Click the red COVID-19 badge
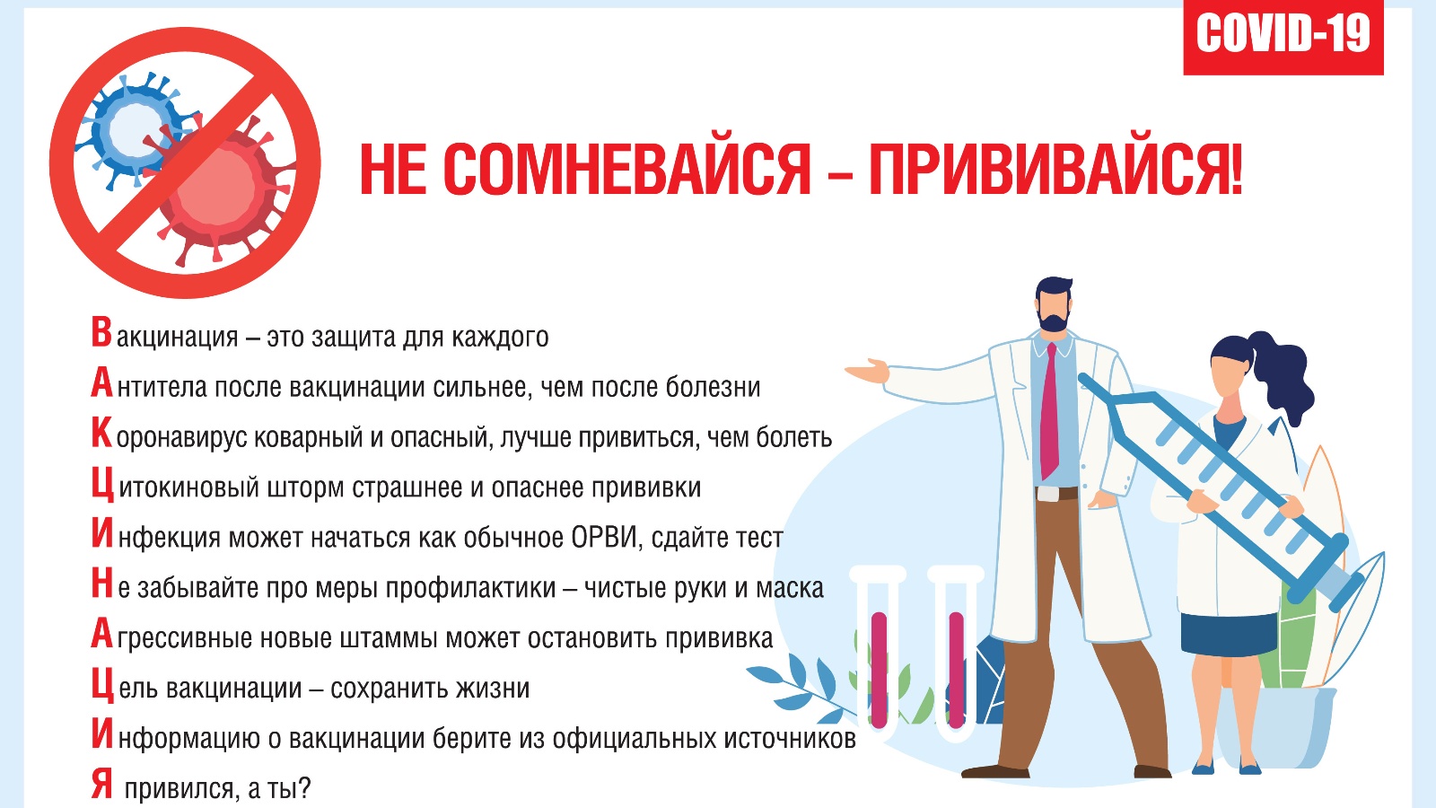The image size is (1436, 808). point(1283,37)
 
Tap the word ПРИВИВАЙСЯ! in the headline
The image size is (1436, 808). point(1055,170)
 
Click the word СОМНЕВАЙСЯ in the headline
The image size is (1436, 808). point(627,170)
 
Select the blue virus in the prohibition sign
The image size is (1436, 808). point(136,129)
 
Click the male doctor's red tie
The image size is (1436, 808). point(1049,410)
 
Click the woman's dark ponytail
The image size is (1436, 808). point(1279,372)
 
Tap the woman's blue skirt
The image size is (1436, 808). point(1229,634)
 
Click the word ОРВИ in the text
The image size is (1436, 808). point(606,538)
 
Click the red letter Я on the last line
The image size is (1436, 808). point(102,784)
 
